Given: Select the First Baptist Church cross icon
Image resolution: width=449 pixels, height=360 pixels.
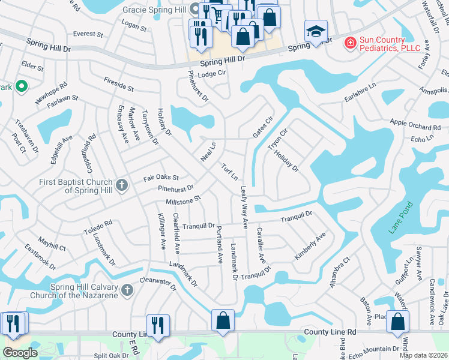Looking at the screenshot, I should tap(122, 184).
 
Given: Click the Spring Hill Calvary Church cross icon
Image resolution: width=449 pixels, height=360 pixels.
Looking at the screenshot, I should tap(127, 290).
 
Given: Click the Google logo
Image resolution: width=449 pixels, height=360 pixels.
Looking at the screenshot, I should tap(20, 353).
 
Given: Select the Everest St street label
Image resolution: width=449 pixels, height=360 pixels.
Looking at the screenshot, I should tap(84, 34).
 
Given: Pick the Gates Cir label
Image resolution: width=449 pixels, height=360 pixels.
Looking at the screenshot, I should tap(263, 127).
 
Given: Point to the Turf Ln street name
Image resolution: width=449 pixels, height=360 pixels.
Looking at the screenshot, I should tap(230, 172).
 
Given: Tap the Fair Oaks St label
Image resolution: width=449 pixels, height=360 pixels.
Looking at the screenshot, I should tap(161, 178).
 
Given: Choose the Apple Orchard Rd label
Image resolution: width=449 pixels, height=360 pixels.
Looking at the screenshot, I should tap(415, 127).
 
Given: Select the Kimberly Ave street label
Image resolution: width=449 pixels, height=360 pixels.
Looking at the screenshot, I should tap(310, 246).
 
